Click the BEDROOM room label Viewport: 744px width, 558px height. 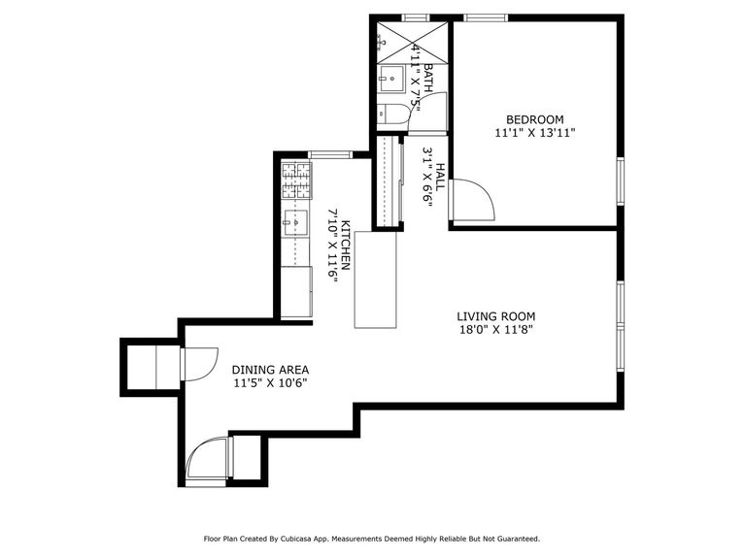tap(535, 120)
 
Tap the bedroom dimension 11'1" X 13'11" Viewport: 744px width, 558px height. tap(535, 134)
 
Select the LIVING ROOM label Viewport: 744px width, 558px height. tap(496, 316)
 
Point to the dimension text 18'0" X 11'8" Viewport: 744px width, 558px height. tap(496, 330)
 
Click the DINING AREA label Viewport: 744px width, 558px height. tap(270, 370)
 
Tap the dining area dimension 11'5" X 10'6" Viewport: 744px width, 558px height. tap(270, 383)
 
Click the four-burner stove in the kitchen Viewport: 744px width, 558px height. tap(296, 181)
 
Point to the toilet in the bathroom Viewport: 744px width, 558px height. tap(393, 115)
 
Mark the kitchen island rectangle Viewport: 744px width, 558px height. tap(376, 279)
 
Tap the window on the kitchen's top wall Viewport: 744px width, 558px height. tap(329, 154)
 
